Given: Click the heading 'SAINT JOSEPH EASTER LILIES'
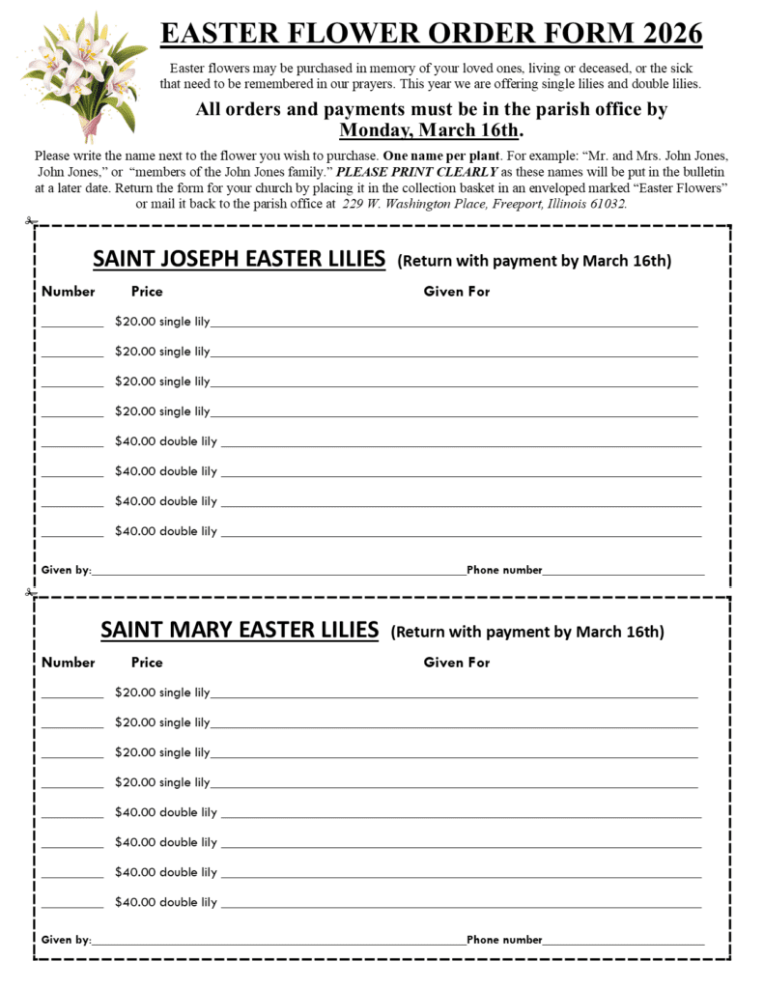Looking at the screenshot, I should [239, 260].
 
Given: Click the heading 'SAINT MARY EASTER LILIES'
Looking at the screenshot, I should [240, 631].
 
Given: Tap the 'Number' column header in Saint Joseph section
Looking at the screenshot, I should [69, 292].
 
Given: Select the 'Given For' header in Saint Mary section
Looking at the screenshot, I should [457, 663].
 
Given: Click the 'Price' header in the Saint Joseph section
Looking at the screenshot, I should [147, 292].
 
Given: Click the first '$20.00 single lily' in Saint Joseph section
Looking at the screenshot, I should [162, 322].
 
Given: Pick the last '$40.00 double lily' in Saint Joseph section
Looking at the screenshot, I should [166, 531].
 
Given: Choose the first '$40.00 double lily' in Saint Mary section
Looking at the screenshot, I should [166, 812].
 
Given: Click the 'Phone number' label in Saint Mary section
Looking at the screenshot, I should [504, 940].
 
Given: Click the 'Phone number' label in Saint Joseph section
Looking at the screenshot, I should [504, 570].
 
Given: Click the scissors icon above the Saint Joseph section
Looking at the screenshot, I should [32, 222].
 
